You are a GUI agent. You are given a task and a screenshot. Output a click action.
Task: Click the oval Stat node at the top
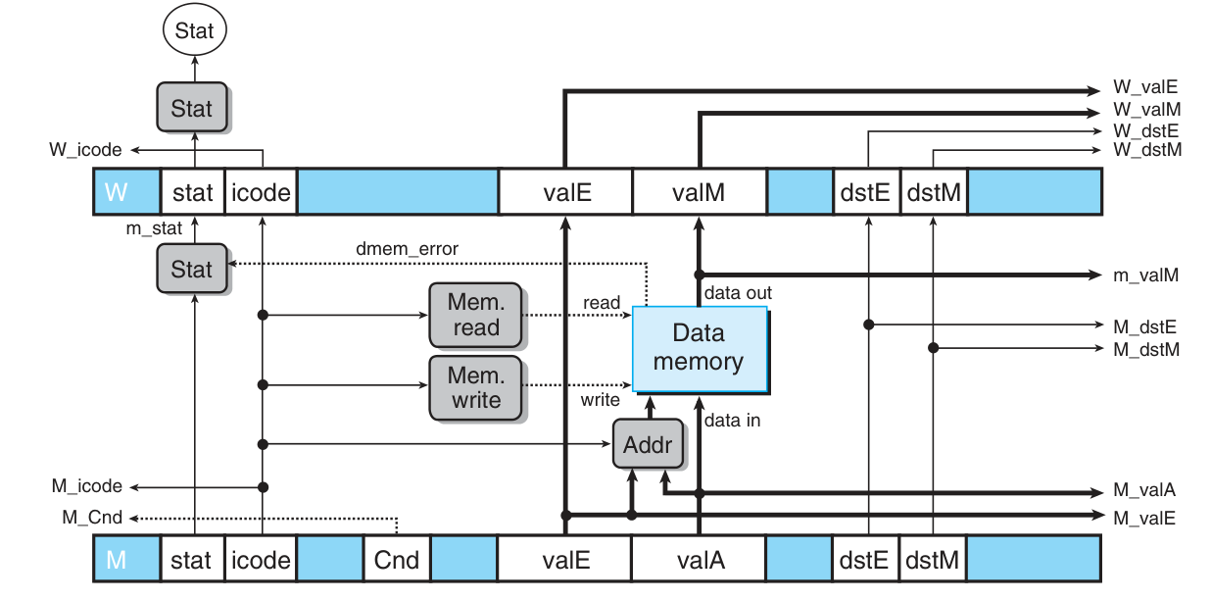tap(194, 31)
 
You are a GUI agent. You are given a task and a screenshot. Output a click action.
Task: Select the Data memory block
tap(698, 348)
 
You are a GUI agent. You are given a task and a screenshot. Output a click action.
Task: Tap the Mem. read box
tap(475, 315)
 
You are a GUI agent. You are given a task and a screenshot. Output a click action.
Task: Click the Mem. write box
tap(475, 388)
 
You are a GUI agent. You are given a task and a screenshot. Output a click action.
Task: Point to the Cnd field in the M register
tap(397, 561)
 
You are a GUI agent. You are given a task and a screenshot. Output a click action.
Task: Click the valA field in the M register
tap(700, 561)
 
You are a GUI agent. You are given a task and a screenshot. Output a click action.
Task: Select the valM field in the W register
tap(700, 192)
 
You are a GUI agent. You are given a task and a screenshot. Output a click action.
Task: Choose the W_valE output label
tap(1144, 87)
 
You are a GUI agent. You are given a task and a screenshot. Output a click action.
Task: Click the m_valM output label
tap(1145, 275)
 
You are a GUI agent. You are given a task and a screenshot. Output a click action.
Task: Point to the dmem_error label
tap(407, 248)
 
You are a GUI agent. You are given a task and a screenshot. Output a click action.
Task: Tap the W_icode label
tap(86, 150)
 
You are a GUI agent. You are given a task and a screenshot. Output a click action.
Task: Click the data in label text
tap(732, 421)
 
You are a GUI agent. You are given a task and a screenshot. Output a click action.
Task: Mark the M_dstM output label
tap(1145, 348)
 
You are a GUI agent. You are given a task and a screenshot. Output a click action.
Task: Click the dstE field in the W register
tap(865, 192)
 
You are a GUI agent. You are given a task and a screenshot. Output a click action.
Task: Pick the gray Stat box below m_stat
tap(192, 269)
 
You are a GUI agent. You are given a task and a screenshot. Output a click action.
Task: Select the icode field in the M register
tap(260, 561)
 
